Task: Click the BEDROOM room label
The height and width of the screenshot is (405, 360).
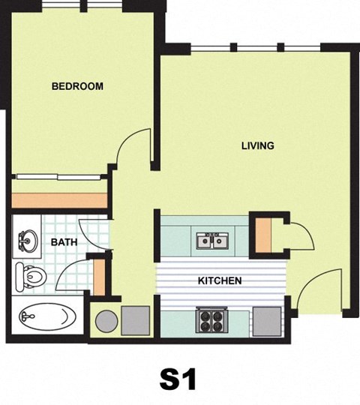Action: pyautogui.click(x=77, y=86)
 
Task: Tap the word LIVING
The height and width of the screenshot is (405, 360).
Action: pyautogui.click(x=257, y=145)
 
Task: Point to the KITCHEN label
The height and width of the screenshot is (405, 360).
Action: pyautogui.click(x=219, y=281)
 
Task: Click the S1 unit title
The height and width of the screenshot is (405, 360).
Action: pyautogui.click(x=178, y=379)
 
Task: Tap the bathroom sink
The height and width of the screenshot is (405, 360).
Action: pyautogui.click(x=27, y=241)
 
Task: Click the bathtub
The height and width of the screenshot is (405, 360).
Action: pyautogui.click(x=47, y=316)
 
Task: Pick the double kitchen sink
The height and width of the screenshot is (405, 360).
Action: pyautogui.click(x=212, y=241)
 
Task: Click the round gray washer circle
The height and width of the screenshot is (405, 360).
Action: pyautogui.click(x=106, y=321)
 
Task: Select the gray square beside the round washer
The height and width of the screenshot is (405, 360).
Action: pyautogui.click(x=135, y=321)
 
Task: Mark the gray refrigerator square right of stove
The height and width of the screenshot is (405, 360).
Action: pyautogui.click(x=266, y=321)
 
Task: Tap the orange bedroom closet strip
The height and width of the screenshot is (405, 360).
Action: pyautogui.click(x=59, y=200)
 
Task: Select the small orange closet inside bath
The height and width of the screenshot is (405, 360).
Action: pyautogui.click(x=98, y=276)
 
